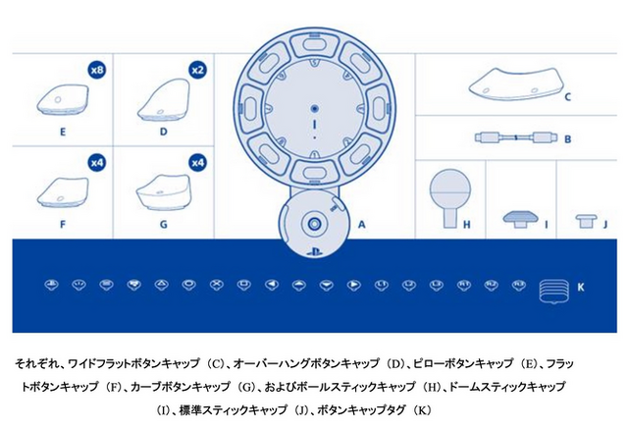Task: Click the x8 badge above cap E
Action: point(97,70)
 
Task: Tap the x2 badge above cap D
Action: point(198,70)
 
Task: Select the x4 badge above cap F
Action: point(97,163)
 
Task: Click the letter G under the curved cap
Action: point(164,224)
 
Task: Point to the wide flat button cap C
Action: point(514,83)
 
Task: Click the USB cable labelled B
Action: point(516,137)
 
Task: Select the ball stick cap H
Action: point(450,197)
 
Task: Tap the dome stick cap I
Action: point(519,219)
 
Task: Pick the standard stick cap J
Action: point(587,221)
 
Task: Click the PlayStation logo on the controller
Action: point(315,252)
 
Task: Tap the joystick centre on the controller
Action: point(315,223)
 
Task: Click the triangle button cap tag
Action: point(161,285)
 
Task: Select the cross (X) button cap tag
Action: point(217,285)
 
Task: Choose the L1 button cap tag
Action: point(382,285)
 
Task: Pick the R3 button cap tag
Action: point(519,285)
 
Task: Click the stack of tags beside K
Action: point(553,291)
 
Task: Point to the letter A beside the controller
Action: point(361,224)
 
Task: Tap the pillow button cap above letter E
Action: point(63,99)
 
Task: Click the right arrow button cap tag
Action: point(354,285)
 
